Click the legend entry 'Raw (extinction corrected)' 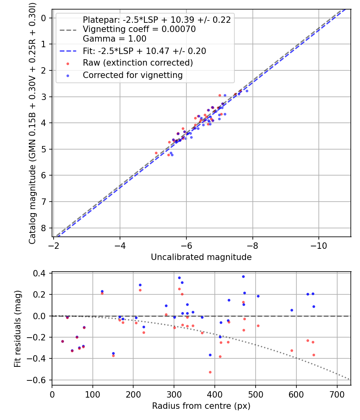[x=138, y=63]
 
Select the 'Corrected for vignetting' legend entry [x=132, y=75]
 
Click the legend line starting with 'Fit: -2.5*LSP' [x=144, y=51]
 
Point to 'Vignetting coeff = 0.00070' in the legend [x=139, y=29]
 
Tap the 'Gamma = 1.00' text [x=114, y=39]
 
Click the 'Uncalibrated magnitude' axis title [x=201, y=257]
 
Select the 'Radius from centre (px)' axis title [x=201, y=406]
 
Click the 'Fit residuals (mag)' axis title [x=17, y=329]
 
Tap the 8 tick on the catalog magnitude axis [x=44, y=228]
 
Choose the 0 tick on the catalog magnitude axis [x=44, y=18]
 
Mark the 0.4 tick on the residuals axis [x=42, y=273]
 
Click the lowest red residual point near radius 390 [x=210, y=372]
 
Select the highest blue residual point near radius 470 [x=243, y=276]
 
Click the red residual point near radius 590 [x=292, y=350]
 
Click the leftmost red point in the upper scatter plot [x=156, y=153]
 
